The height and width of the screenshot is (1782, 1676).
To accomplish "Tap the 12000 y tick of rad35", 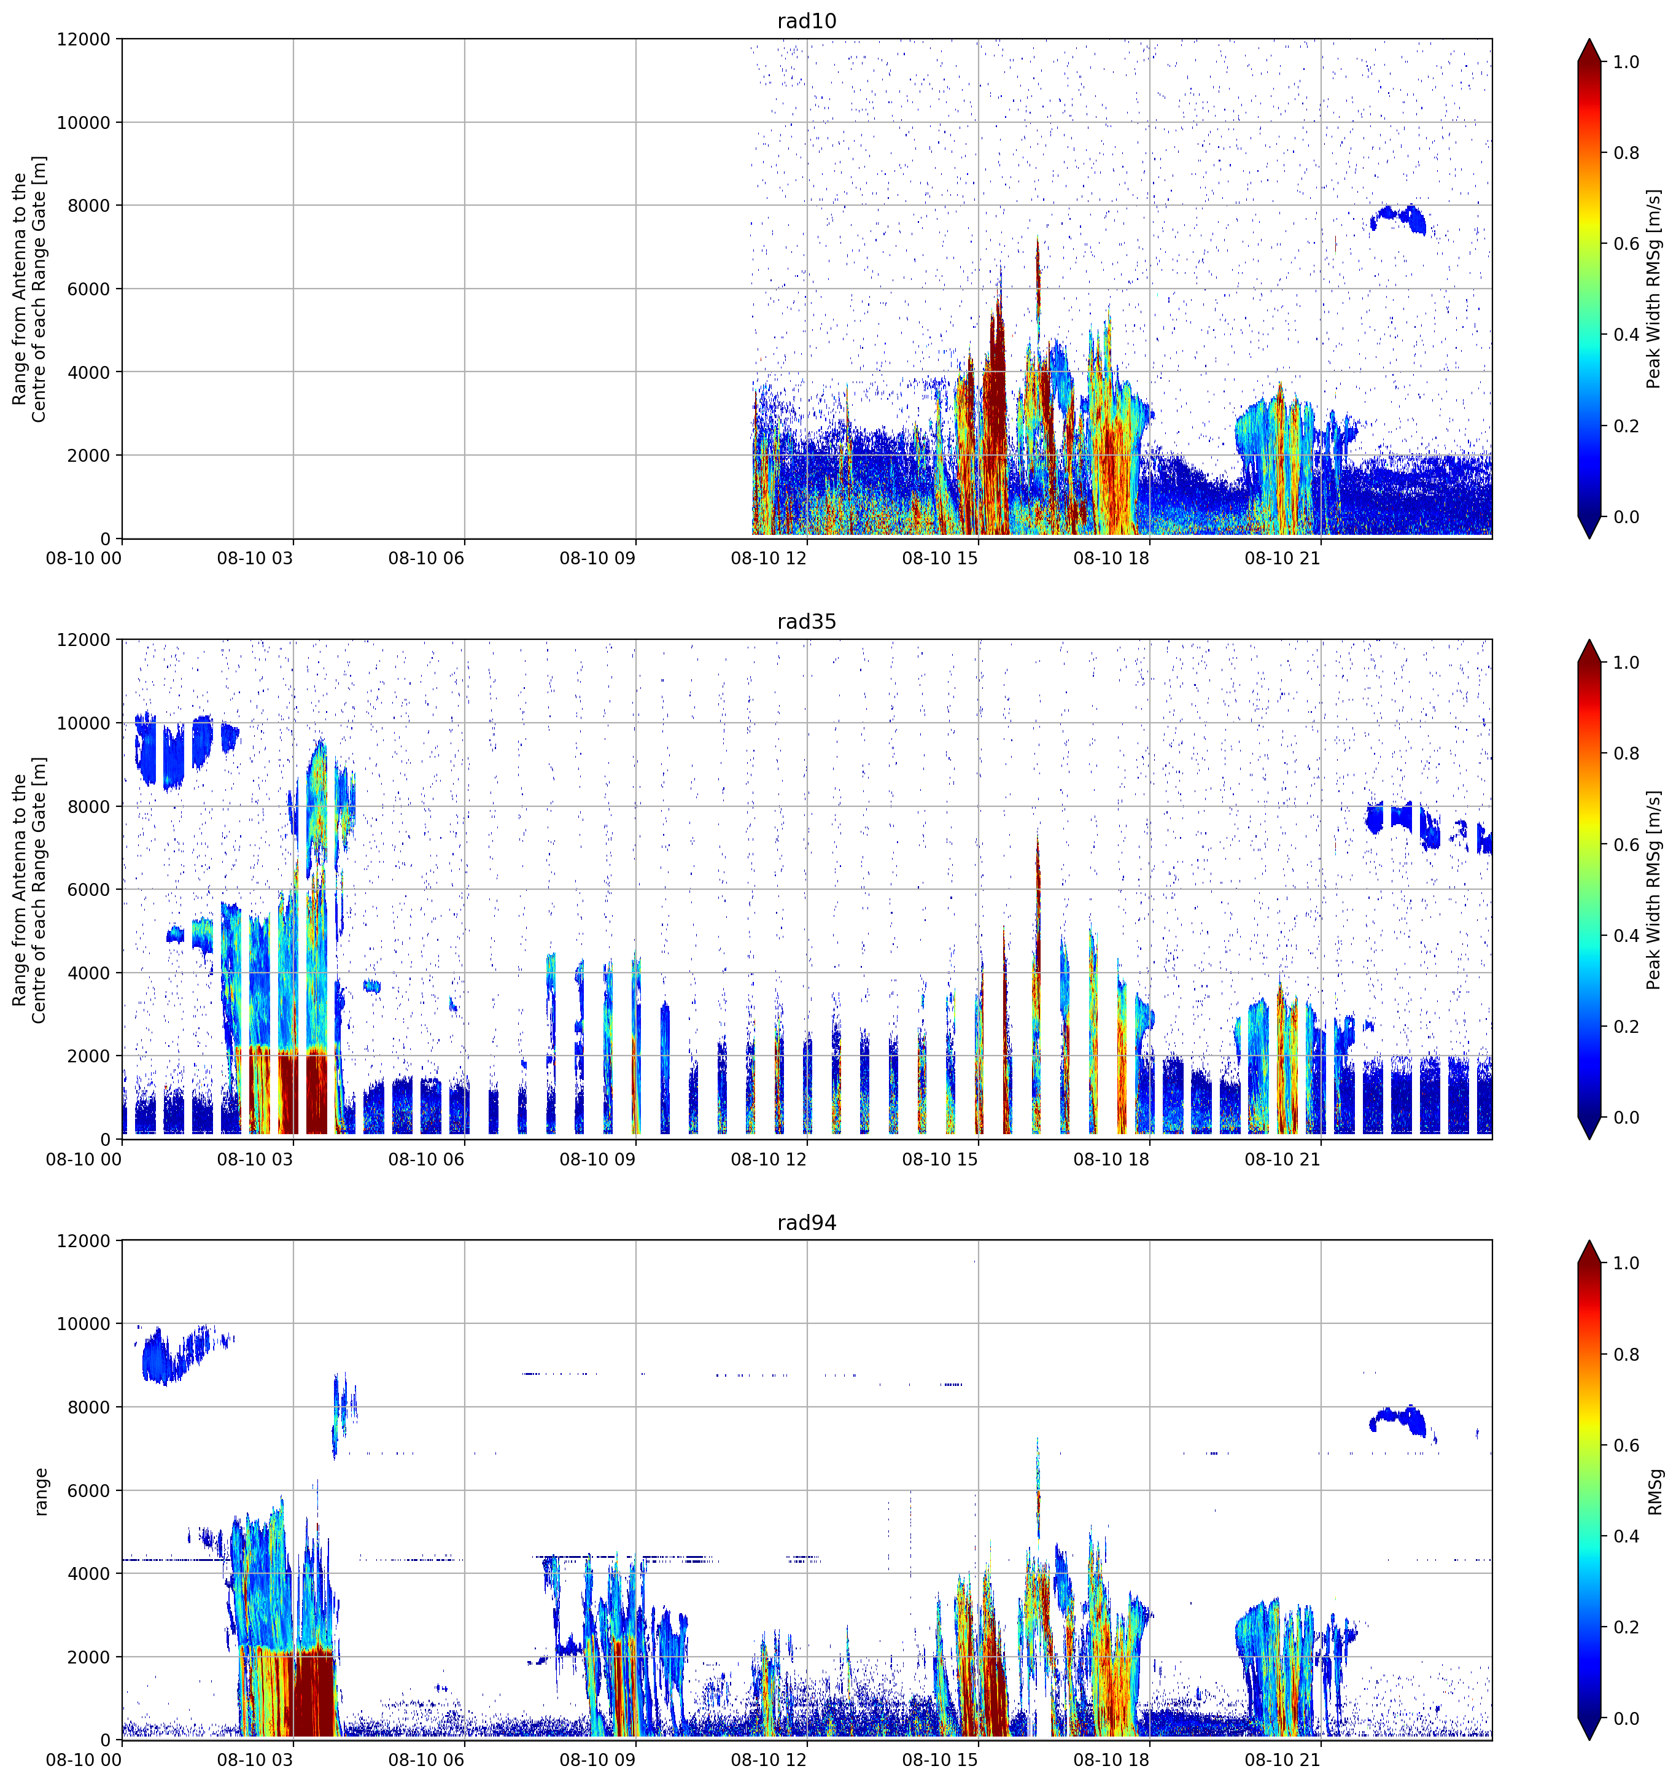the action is point(84,640).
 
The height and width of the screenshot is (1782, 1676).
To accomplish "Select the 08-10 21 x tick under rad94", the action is point(1282,1760).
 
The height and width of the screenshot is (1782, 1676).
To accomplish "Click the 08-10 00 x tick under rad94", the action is point(83,1760).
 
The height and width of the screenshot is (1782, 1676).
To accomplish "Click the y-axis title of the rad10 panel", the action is point(29,289).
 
